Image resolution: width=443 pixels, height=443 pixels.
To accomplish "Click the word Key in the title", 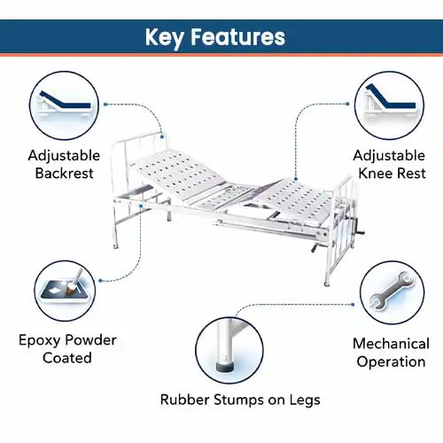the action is click(165, 37).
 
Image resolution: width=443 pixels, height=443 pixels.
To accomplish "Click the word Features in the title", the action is click(237, 36).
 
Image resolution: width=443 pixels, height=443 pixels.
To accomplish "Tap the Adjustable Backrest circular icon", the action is click(64, 105).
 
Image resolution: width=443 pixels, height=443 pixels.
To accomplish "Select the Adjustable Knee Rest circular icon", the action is click(389, 105).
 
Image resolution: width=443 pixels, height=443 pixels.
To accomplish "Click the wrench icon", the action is click(392, 291).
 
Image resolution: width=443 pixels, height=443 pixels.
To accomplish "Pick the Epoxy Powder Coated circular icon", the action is click(65, 291).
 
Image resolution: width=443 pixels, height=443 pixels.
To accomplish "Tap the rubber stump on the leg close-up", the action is click(225, 367).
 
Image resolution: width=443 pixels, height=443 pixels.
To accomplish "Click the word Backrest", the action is click(64, 173).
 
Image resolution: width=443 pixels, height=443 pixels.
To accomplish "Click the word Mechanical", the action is click(391, 344).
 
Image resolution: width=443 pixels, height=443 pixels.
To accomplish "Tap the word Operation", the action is click(391, 362).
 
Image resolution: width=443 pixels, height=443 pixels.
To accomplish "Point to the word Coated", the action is click(67, 358).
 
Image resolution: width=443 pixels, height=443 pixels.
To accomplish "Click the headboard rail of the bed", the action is click(139, 137).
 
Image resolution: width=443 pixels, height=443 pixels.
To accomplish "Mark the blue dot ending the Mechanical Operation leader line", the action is click(353, 305).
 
